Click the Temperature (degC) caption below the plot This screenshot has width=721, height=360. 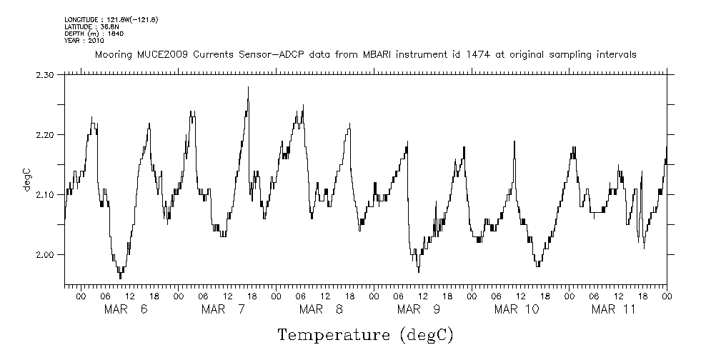(x=365, y=334)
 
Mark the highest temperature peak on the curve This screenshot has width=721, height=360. (x=248, y=87)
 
